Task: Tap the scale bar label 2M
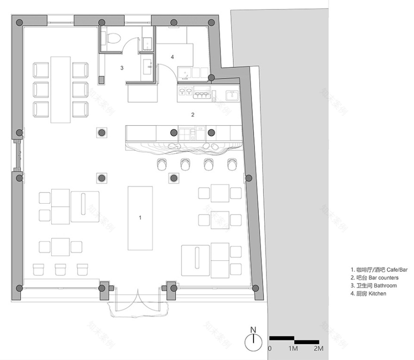pos(318,349)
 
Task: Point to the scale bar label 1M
pos(294,349)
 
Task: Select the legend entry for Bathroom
pos(374,286)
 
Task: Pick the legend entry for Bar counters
pos(374,278)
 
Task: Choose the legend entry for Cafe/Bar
pos(378,270)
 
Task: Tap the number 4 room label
pos(172,57)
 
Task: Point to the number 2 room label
pos(192,114)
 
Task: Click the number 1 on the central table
pos(140,217)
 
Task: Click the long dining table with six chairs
pos(60,89)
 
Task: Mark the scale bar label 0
pos(270,349)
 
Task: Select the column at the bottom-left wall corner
pos(19,288)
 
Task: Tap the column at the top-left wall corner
pos(19,23)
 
